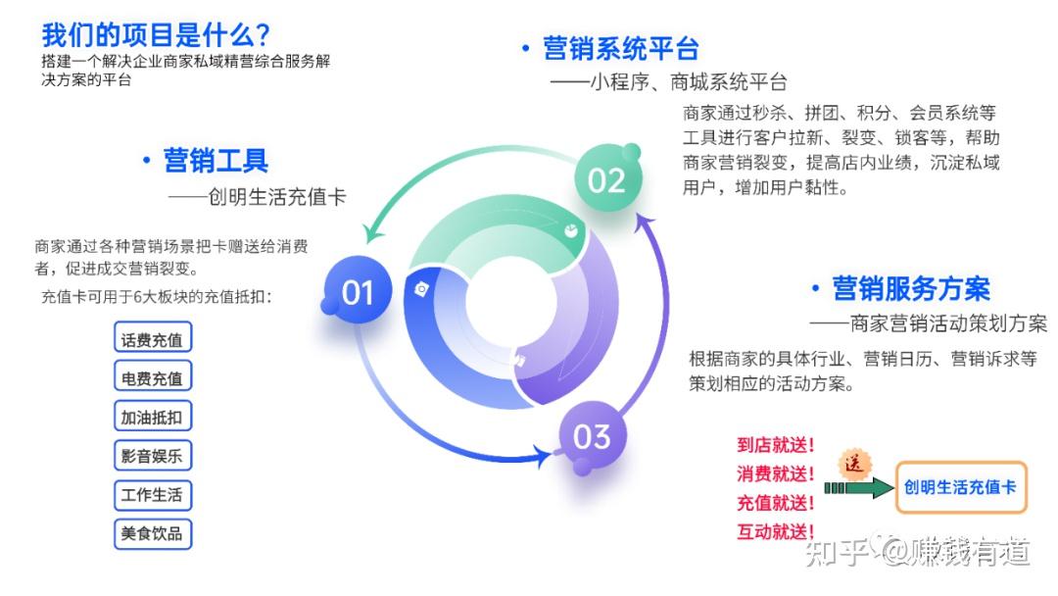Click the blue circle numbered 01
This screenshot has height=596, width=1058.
358,291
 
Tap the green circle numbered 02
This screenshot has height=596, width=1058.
606,179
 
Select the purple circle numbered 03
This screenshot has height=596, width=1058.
592,435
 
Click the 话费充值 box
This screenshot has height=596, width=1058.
152,340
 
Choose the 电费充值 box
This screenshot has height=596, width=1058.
152,378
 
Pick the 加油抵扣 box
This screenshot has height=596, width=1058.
152,417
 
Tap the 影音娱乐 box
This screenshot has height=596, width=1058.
152,456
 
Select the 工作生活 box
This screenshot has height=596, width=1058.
152,495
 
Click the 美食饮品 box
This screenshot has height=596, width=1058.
152,534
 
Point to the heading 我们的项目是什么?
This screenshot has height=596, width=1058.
156,35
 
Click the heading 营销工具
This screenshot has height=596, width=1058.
216,160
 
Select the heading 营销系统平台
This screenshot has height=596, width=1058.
621,48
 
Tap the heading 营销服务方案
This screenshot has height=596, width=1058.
911,288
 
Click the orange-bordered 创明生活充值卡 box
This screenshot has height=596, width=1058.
961,487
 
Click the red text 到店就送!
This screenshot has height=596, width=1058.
776,445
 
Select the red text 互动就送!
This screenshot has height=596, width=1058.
776,532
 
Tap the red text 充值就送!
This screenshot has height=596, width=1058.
776,504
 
